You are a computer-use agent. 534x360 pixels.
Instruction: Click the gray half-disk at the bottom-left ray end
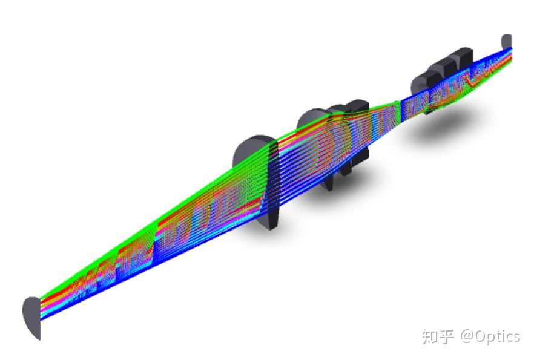[32, 316]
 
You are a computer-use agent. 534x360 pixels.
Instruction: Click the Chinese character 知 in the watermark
[430, 336]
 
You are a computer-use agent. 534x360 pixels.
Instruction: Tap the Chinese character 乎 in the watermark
[446, 336]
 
